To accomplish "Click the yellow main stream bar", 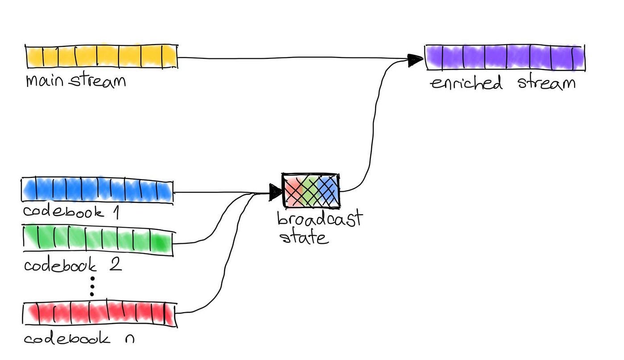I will (101, 57).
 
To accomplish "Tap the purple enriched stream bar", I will (505, 57).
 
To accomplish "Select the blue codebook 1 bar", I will (97, 191).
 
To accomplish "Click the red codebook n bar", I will (99, 314).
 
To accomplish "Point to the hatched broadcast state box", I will (311, 190).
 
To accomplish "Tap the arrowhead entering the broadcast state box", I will (275, 192).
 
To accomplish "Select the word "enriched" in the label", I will (466, 83).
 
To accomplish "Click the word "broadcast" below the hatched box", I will (319, 219).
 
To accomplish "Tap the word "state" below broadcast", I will (304, 237).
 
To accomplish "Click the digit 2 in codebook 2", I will (115, 265).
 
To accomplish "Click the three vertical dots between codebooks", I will (92, 286).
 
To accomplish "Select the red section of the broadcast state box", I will (292, 191).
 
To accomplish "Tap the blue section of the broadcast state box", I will (330, 191).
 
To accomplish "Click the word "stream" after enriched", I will (546, 83).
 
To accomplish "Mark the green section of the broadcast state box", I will (311, 191).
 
